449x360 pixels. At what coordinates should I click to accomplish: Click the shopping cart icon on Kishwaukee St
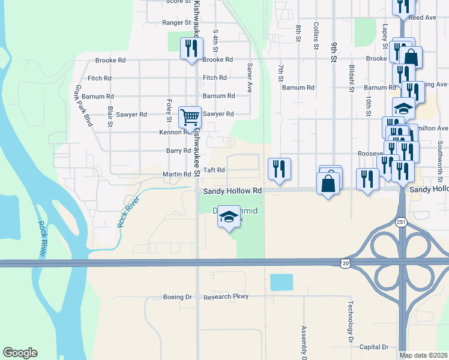coord(190,118)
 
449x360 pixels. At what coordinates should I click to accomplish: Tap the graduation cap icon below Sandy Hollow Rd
coord(229,218)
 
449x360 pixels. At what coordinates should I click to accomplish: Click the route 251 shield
coord(400,222)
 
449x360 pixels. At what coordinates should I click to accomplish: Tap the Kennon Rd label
coord(173,132)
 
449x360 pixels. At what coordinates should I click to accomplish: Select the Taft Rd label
coord(214,170)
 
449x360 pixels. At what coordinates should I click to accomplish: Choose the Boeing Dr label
coord(177,297)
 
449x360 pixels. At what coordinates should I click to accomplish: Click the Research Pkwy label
coord(226,297)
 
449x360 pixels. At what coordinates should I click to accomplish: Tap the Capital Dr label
coord(373,347)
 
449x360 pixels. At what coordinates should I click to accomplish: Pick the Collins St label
coord(316,35)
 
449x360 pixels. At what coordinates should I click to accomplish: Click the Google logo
coord(20,353)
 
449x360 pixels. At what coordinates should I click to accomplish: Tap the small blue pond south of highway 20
coord(282,282)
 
